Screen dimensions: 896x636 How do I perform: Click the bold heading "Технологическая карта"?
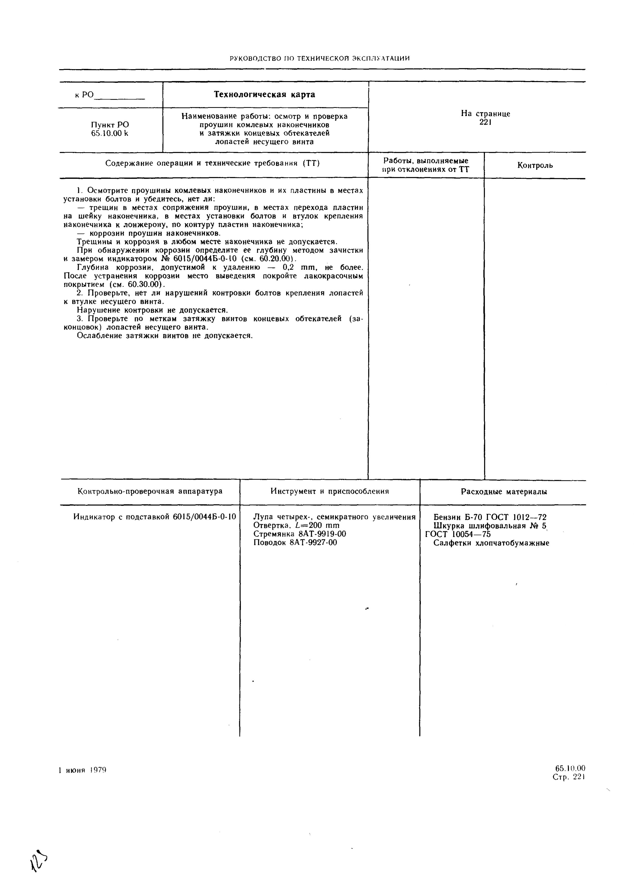pyautogui.click(x=264, y=95)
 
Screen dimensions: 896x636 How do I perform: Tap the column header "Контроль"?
pyautogui.click(x=535, y=165)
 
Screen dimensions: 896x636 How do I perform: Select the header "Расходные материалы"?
pyautogui.click(x=504, y=492)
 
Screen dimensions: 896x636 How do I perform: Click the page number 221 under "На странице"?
pyautogui.click(x=485, y=122)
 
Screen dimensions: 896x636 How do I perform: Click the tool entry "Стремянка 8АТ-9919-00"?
pyautogui.click(x=300, y=534)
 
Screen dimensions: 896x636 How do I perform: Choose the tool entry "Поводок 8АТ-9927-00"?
pyautogui.click(x=295, y=543)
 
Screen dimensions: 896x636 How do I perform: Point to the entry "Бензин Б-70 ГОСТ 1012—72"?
pyautogui.click(x=490, y=517)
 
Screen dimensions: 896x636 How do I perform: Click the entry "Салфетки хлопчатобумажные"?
pyautogui.click(x=491, y=543)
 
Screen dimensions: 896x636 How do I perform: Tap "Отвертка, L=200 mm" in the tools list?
pyautogui.click(x=296, y=525)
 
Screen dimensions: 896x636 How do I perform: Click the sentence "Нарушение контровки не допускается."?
pyautogui.click(x=152, y=310)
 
